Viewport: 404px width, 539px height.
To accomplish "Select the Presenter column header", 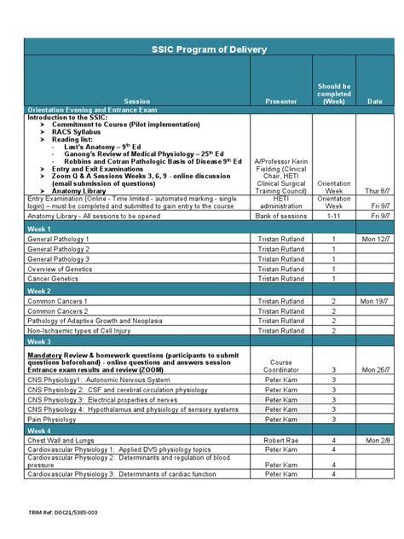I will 280,101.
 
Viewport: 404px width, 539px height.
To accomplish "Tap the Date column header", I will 374,101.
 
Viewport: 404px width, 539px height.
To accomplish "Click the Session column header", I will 136,101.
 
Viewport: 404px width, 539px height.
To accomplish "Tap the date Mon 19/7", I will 374,302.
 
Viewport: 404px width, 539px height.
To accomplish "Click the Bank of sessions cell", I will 280,217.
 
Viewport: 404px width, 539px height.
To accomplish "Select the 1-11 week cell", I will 333,217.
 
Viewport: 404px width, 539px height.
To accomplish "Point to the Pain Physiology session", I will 52,419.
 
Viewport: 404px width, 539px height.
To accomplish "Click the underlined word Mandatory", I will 46,353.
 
